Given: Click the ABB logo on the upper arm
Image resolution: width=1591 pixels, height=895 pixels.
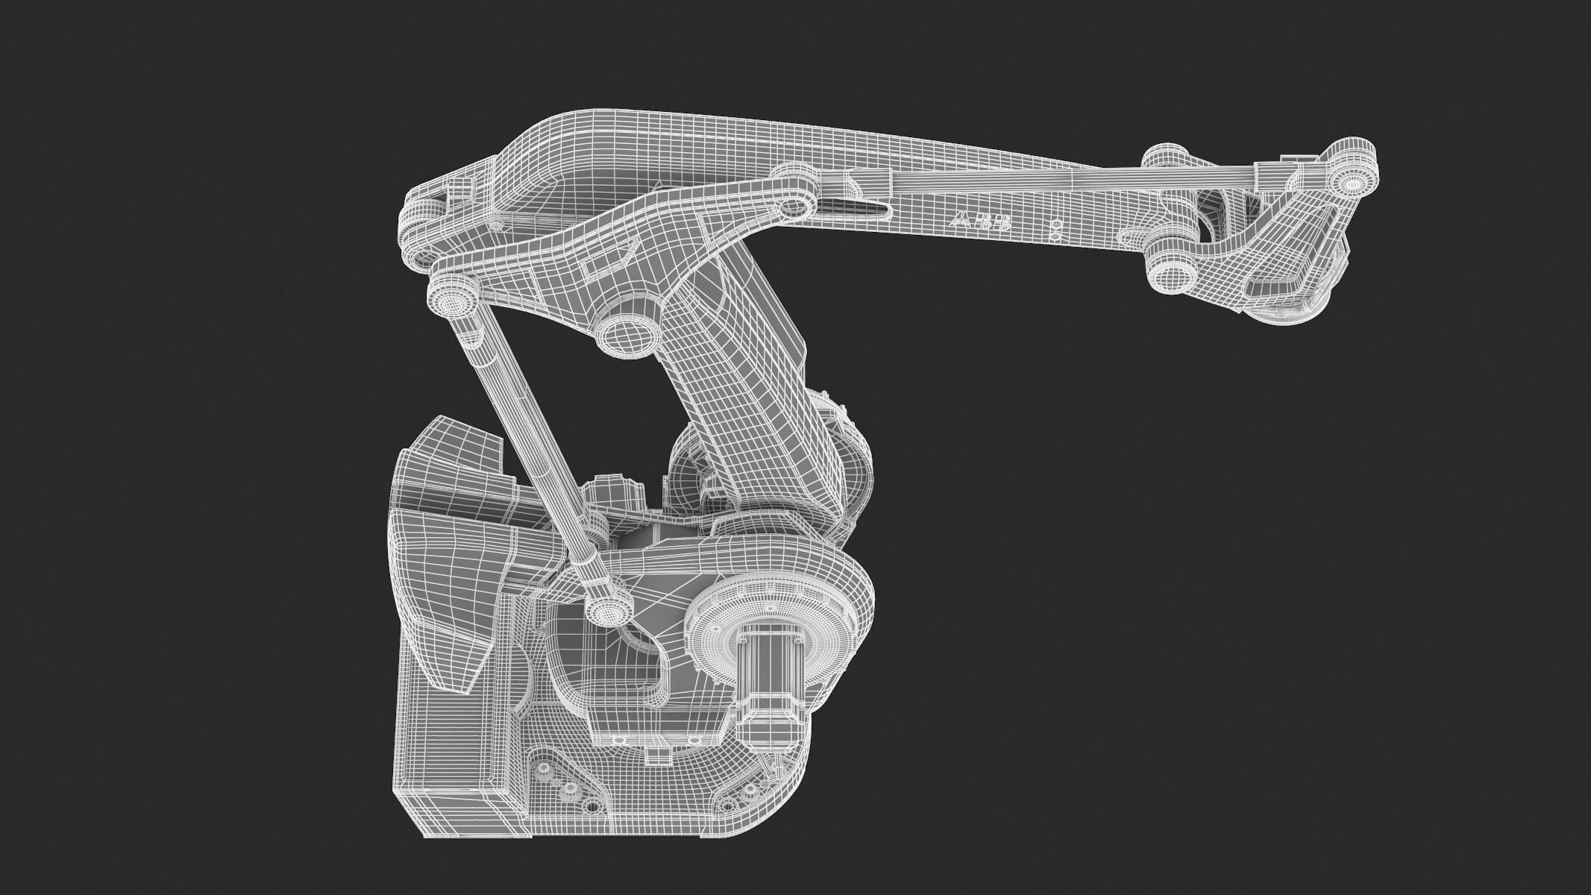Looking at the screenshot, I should [981, 222].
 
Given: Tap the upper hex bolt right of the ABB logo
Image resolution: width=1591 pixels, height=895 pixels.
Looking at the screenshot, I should [1054, 223].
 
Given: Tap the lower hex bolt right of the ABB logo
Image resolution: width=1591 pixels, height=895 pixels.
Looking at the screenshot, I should [1054, 236].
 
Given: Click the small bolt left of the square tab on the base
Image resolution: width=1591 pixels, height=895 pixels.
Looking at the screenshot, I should [618, 739].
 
